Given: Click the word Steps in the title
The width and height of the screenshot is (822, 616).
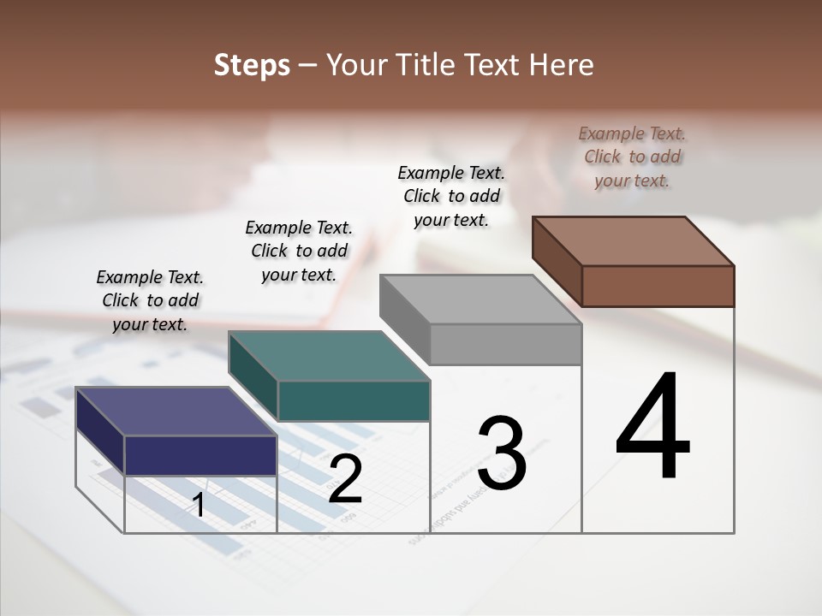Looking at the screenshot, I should click(x=252, y=65).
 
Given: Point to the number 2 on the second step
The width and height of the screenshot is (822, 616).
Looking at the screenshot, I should click(x=345, y=480).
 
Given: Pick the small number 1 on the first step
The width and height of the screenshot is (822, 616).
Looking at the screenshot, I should click(x=199, y=505).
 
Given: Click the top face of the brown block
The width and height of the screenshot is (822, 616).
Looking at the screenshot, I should click(x=634, y=241).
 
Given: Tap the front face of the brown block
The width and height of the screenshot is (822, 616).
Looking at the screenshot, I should click(x=658, y=286).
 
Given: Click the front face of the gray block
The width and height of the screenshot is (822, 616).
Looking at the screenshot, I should click(x=505, y=345).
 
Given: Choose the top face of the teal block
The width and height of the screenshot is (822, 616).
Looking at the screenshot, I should click(x=329, y=356).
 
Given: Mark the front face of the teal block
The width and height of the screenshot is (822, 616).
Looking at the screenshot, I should click(x=354, y=401).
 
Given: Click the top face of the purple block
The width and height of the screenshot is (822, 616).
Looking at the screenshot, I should click(x=176, y=412).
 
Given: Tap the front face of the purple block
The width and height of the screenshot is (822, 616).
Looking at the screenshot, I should click(x=200, y=455).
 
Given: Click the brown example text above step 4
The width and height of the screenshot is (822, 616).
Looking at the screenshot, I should click(x=632, y=157).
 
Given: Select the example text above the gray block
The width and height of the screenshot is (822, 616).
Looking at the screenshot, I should click(x=451, y=196).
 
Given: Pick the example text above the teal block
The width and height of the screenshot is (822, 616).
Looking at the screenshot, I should click(x=299, y=251).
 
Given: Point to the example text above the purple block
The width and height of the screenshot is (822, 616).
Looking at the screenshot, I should click(x=150, y=300).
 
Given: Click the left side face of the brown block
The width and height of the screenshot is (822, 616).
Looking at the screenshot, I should click(x=557, y=260).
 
